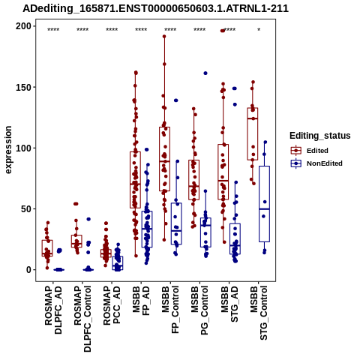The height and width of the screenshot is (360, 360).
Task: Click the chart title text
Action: click(x=155, y=8)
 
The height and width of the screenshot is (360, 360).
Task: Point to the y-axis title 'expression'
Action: click(x=8, y=150)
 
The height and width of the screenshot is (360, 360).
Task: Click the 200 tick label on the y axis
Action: click(x=23, y=26)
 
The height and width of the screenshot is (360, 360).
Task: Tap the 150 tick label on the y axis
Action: click(x=23, y=87)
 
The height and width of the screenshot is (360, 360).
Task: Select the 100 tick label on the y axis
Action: click(x=23, y=148)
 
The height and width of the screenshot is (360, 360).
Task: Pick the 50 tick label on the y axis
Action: click(x=26, y=208)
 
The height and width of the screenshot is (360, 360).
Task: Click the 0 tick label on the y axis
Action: click(x=28, y=270)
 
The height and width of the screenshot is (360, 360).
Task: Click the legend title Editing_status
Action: click(x=320, y=136)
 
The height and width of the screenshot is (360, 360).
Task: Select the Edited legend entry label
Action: click(x=317, y=151)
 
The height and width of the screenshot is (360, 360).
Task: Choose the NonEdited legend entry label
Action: click(x=325, y=163)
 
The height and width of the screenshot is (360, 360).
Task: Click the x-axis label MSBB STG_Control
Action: click(x=259, y=313)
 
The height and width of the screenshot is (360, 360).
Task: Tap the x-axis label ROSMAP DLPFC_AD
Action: click(x=53, y=310)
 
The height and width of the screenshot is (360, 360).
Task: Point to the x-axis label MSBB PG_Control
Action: click(x=199, y=310)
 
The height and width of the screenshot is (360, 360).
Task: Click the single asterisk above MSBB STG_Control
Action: click(x=259, y=30)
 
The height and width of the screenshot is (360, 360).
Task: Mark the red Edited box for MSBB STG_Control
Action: click(x=253, y=133)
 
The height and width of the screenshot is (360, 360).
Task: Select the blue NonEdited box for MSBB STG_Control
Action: click(x=264, y=204)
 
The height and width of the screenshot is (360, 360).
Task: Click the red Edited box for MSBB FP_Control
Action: click(x=164, y=159)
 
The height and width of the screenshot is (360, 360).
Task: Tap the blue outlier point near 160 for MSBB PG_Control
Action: click(x=205, y=73)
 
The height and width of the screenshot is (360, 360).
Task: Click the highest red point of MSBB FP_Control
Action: click(x=164, y=37)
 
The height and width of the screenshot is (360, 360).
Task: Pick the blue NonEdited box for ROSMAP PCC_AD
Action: click(x=118, y=263)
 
